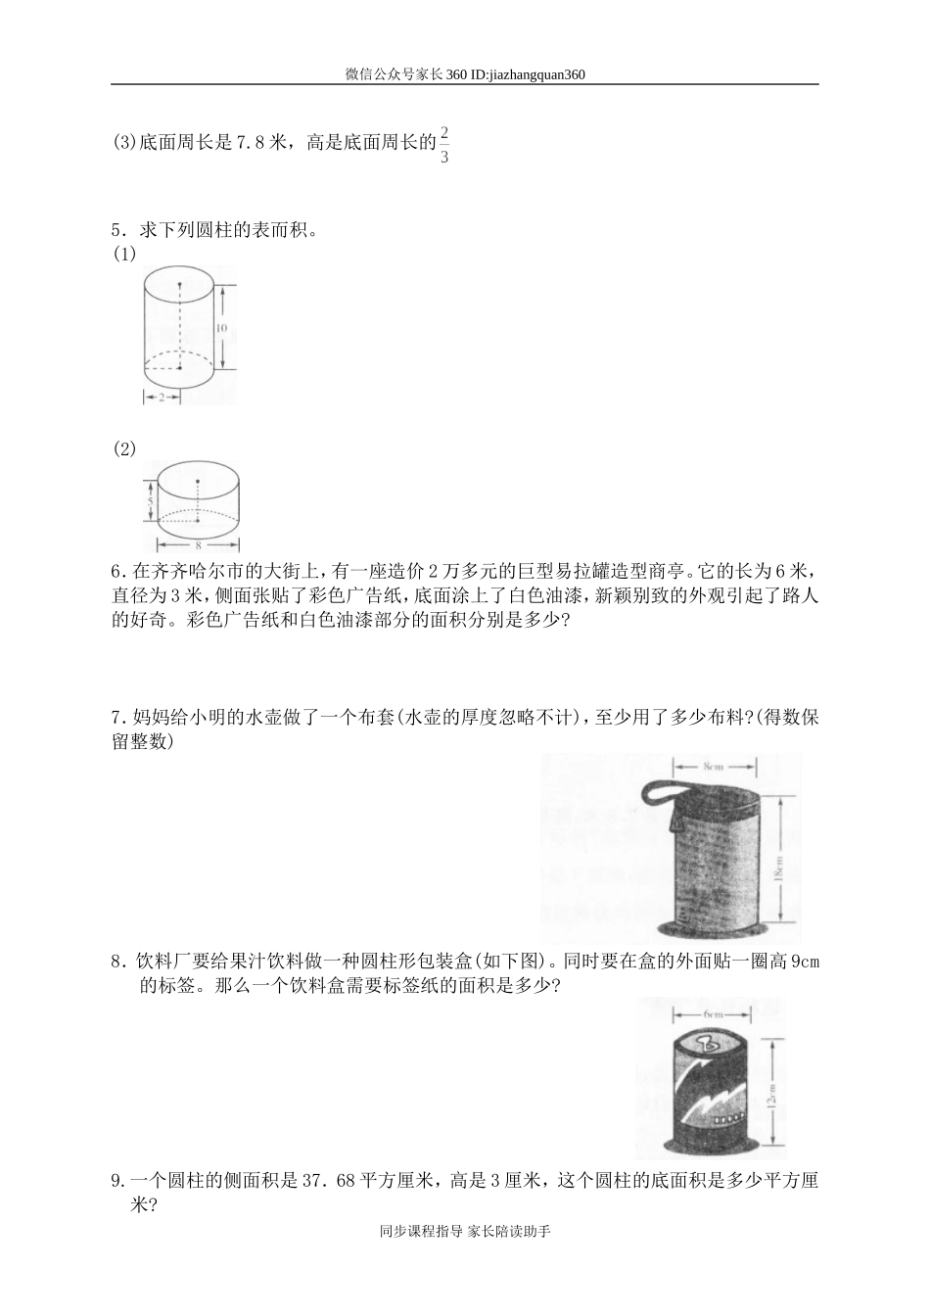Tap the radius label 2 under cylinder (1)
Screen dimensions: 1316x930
tap(162, 397)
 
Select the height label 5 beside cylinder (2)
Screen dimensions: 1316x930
tap(150, 502)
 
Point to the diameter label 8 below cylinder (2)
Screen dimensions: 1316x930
tap(198, 545)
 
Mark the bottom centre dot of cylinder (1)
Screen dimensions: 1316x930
tap(179, 368)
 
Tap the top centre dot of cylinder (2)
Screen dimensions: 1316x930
tap(198, 482)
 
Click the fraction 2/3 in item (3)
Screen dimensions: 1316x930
tap(444, 144)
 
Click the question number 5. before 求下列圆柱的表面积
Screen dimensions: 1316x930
tap(118, 231)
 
